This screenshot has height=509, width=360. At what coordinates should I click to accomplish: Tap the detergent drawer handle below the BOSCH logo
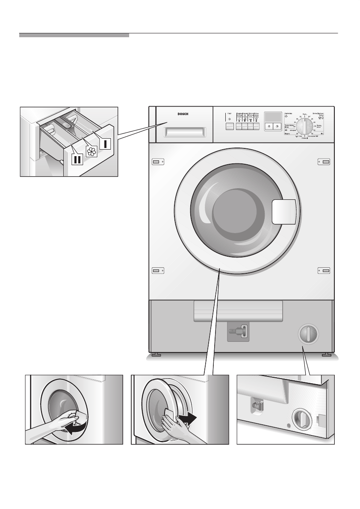(x=184, y=134)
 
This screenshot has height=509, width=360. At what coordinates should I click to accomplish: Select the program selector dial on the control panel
(x=304, y=127)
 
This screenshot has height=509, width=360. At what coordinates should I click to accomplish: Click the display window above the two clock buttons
(x=272, y=117)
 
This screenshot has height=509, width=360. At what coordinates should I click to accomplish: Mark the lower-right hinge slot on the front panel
(x=325, y=271)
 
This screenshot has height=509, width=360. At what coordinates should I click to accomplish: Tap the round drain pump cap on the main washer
(x=307, y=333)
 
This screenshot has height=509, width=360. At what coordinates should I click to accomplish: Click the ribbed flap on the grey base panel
(x=238, y=311)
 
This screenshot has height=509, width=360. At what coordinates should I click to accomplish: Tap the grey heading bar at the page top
(x=74, y=35)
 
